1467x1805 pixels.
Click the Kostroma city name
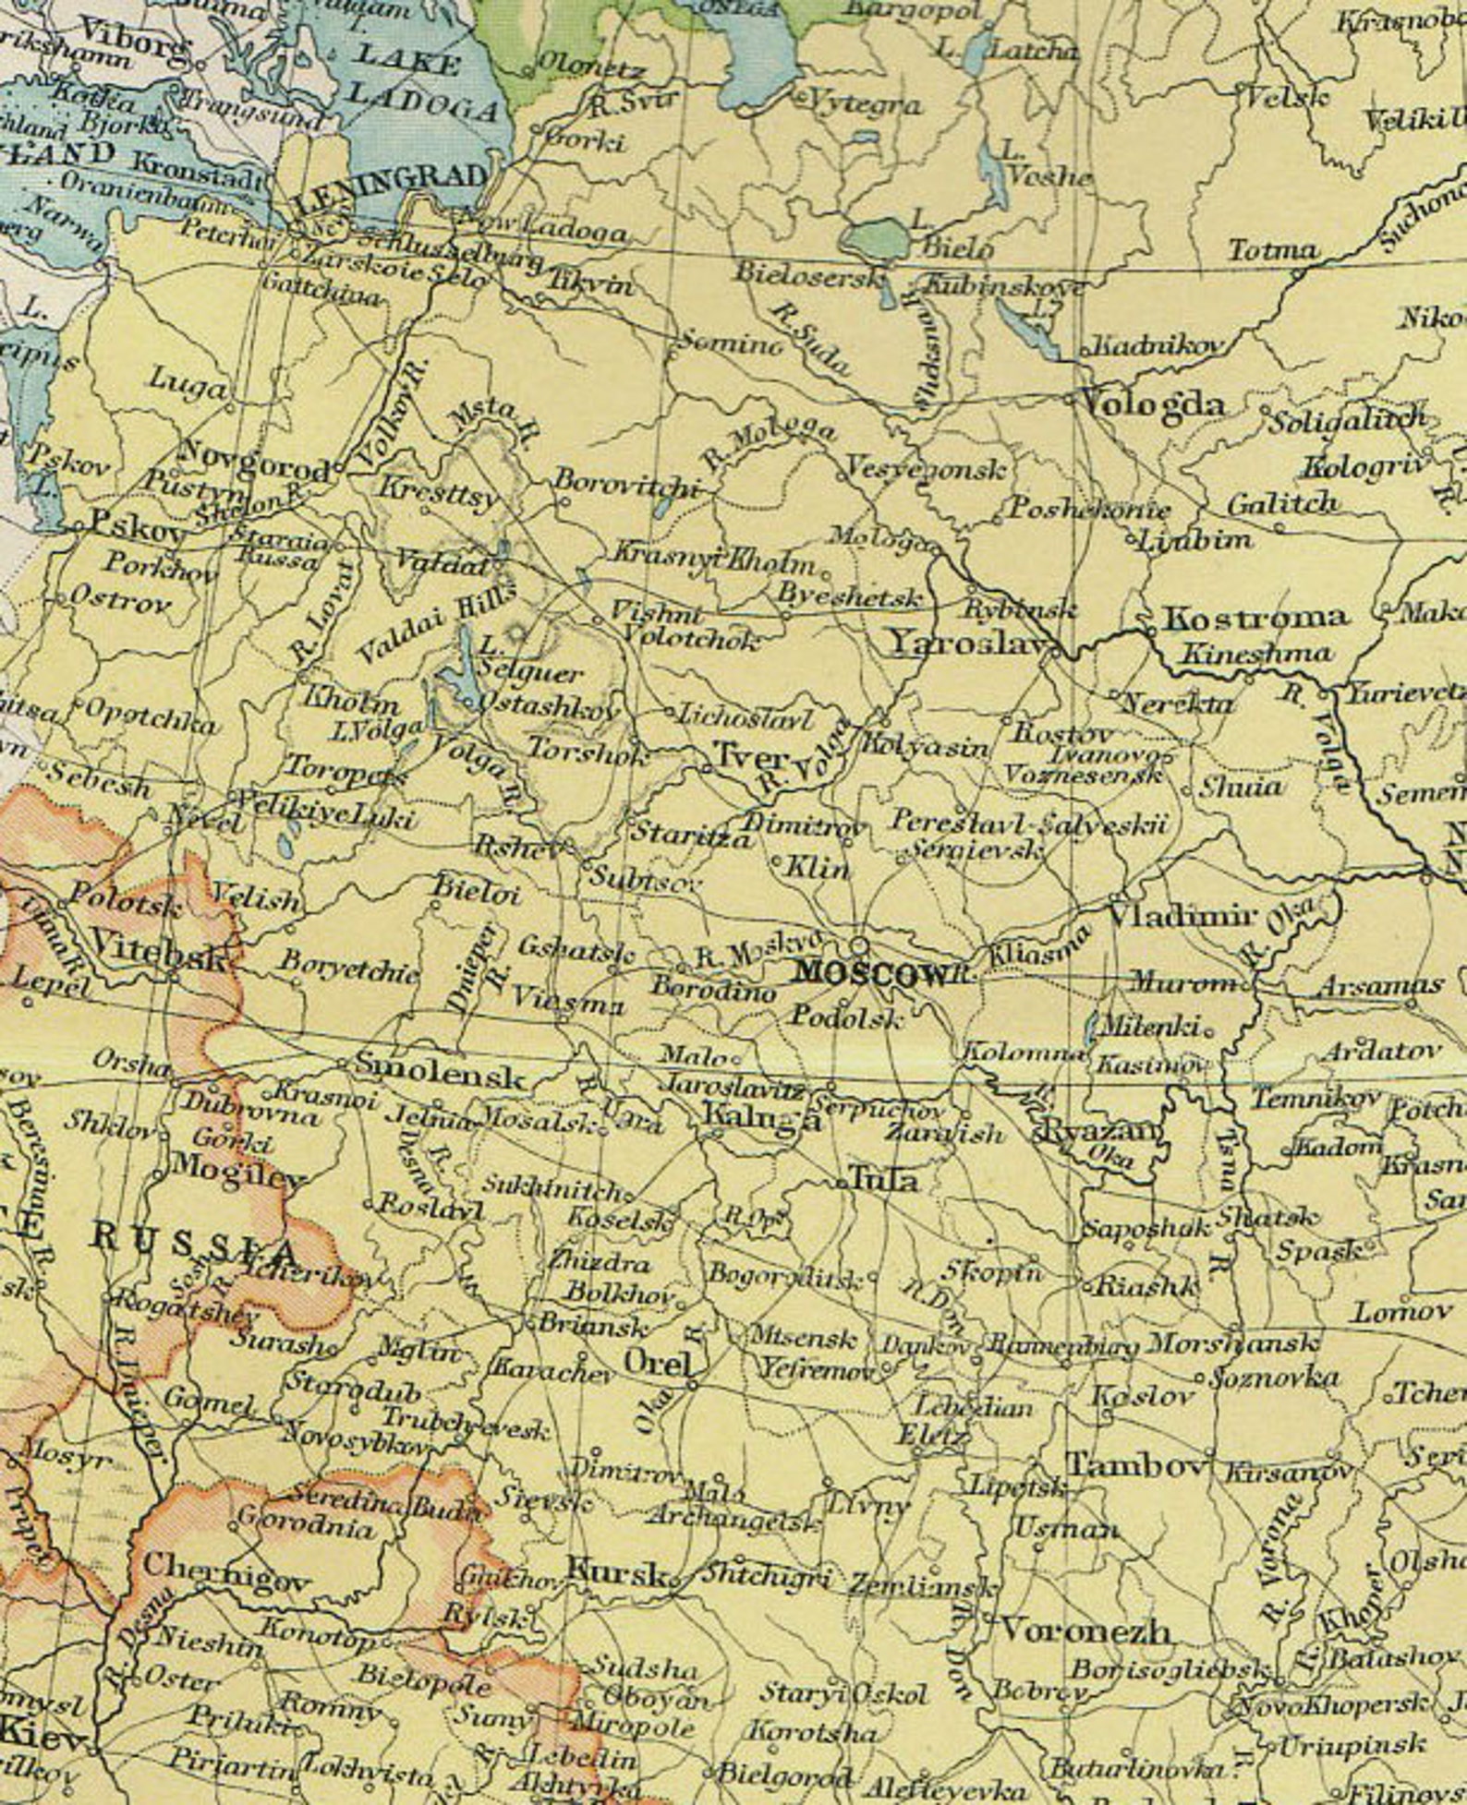pyautogui.click(x=1254, y=618)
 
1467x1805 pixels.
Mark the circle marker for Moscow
pyautogui.click(x=860, y=945)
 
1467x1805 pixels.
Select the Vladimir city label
pyautogui.click(x=1182, y=916)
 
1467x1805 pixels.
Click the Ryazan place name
pyautogui.click(x=1099, y=1131)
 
